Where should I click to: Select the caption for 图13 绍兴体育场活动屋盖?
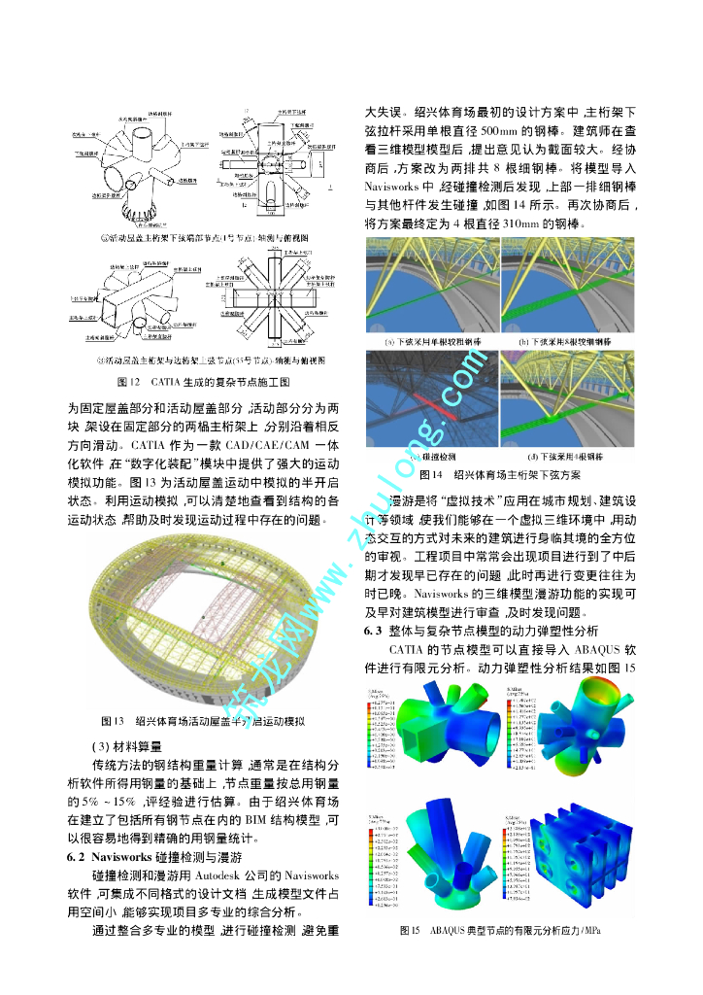tap(204, 721)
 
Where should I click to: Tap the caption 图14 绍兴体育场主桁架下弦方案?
tap(500, 475)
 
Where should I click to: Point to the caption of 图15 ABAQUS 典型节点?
tap(500, 931)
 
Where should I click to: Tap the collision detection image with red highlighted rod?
tap(430, 398)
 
